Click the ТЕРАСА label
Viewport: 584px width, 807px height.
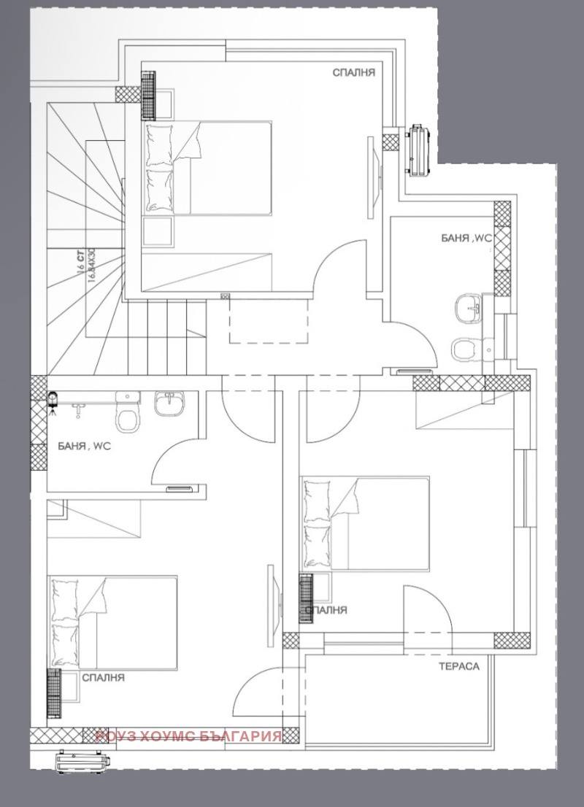(x=459, y=667)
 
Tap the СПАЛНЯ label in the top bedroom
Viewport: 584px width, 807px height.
(x=353, y=72)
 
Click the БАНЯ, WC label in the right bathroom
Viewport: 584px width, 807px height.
(x=467, y=238)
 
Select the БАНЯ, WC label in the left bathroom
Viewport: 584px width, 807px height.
(x=84, y=447)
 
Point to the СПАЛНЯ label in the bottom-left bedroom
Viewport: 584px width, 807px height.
(x=103, y=678)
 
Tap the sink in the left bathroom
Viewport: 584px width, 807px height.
(x=170, y=403)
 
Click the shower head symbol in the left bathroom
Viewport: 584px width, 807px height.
(x=53, y=400)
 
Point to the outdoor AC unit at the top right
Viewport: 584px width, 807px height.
(x=419, y=150)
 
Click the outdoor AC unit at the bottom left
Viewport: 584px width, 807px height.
(x=82, y=760)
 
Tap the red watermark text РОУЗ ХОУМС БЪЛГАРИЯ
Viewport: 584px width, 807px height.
(x=188, y=735)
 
